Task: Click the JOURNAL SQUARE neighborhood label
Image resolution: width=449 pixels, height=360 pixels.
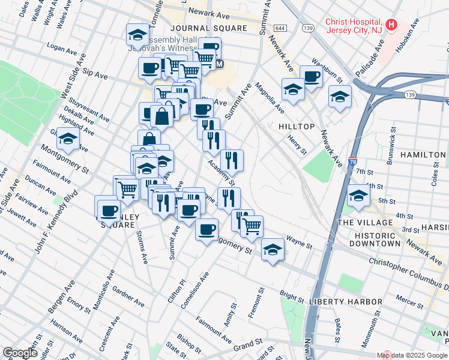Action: pyautogui.click(x=208, y=28)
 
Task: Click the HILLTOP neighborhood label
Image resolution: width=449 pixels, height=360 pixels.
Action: pyautogui.click(x=297, y=127)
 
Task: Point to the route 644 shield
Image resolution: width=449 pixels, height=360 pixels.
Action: pyautogui.click(x=280, y=28)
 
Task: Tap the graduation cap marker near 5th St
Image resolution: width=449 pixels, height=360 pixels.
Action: pyautogui.click(x=358, y=196)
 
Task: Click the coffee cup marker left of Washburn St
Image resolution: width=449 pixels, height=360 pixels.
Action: pyautogui.click(x=311, y=76)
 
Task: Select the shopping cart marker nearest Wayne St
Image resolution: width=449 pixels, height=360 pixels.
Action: pyautogui.click(x=252, y=226)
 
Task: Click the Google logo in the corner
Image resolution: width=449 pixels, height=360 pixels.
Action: pyautogui.click(x=20, y=353)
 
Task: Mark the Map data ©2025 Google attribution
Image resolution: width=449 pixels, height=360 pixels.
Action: pyautogui.click(x=412, y=355)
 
